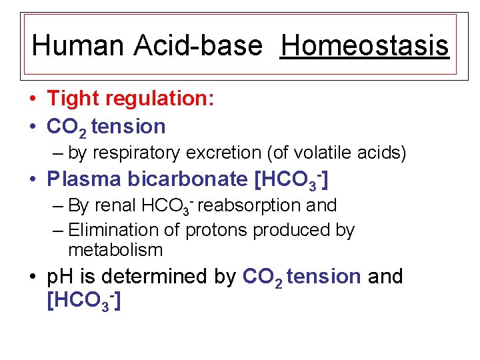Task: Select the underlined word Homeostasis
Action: pos(365,45)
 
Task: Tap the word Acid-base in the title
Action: pos(199,45)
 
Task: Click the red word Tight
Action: pos(71,99)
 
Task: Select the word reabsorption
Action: pos(261,205)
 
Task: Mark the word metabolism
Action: pos(115,250)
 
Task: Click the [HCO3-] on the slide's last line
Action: pos(83,301)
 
